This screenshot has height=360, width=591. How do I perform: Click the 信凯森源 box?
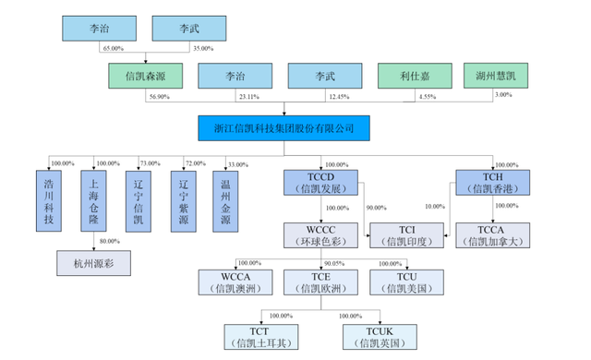click(x=143, y=77)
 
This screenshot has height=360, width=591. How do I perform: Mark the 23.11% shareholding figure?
click(x=244, y=97)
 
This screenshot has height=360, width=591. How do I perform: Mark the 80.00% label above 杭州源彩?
click(x=108, y=242)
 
